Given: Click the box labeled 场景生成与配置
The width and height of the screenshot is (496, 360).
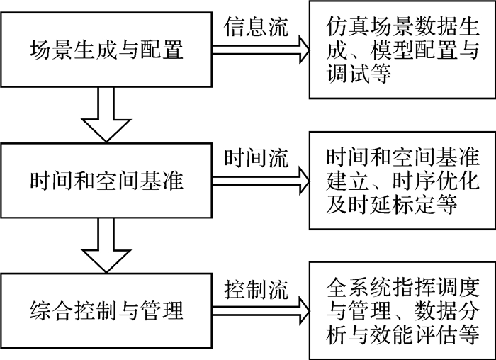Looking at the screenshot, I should click(106, 50).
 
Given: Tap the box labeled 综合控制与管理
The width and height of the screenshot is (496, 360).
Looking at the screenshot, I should click(106, 310).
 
